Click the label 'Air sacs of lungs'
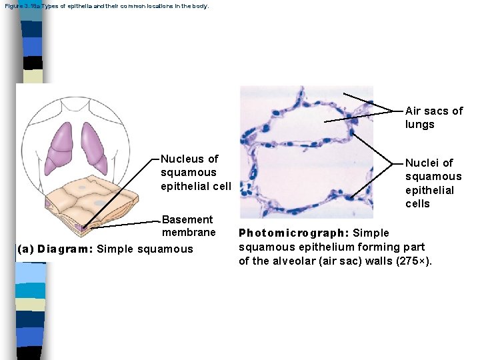pos(433,117)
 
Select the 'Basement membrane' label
pos(188,225)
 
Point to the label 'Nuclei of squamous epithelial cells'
pos(433,183)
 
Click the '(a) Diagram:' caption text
pos(55,249)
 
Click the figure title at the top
pos(107,6)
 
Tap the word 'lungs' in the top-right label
pos(419,125)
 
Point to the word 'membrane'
pos(189,233)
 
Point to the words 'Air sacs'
pos(427,111)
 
